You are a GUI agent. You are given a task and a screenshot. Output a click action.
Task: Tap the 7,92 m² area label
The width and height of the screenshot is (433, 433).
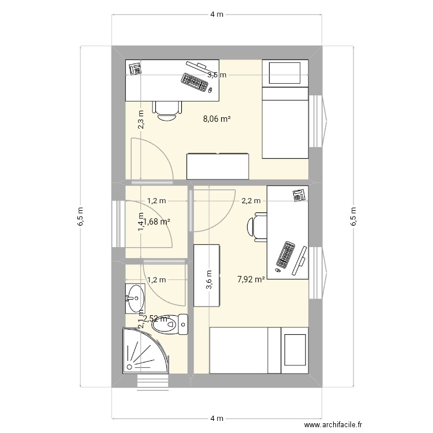click(x=251, y=280)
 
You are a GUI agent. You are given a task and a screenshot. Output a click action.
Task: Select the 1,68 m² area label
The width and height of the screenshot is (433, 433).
click(x=156, y=221)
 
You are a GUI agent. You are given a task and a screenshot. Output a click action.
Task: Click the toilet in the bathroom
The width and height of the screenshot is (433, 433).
click(x=170, y=324)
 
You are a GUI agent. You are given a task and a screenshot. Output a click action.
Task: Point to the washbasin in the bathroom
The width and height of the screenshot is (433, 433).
click(x=135, y=294)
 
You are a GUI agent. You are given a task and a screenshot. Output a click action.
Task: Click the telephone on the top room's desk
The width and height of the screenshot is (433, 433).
click(x=135, y=68)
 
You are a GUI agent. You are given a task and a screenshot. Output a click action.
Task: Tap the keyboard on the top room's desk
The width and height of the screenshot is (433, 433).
click(x=195, y=82)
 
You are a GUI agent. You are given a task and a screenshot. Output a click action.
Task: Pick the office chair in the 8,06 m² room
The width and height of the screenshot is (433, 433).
click(x=167, y=109)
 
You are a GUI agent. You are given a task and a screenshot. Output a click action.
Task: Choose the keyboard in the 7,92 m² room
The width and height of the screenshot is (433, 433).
click(x=286, y=255)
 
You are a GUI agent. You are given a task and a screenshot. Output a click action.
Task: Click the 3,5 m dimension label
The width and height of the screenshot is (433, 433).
click(x=217, y=74)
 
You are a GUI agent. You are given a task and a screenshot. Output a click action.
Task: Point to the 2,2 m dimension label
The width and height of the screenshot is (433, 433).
click(x=250, y=201)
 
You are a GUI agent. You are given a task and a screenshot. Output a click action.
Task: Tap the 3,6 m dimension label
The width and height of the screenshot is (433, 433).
click(x=209, y=281)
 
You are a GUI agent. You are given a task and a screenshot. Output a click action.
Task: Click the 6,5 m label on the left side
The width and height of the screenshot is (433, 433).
click(x=80, y=216)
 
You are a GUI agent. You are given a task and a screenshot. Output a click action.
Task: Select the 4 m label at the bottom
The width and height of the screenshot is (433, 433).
click(x=216, y=417)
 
